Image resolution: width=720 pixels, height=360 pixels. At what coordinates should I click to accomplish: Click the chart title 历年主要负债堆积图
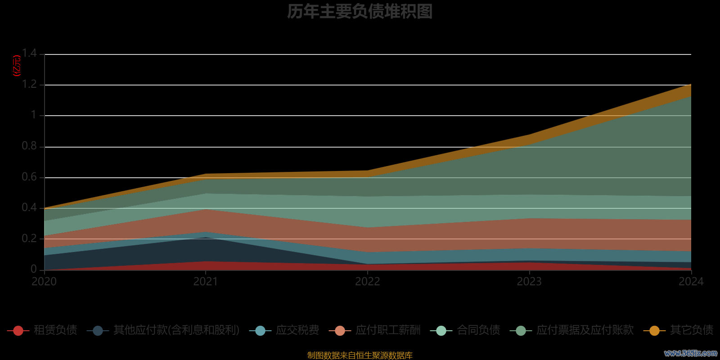[x=360, y=12]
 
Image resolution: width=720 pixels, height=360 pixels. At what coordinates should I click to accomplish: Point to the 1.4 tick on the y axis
[x=29, y=54]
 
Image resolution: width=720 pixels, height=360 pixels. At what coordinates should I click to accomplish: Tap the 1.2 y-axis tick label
[x=29, y=84]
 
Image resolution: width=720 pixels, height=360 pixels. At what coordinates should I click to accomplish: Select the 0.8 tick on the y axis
[x=29, y=146]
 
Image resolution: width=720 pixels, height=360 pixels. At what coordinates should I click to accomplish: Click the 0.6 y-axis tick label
[x=29, y=177]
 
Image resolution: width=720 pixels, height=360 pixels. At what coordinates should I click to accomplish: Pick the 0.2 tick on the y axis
[x=29, y=238]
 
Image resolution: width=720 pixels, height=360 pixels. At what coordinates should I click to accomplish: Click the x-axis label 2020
[x=44, y=282]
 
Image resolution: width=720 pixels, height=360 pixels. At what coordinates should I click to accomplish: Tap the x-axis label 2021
[x=206, y=282]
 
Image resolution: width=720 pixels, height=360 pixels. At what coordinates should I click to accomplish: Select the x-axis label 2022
[x=368, y=282]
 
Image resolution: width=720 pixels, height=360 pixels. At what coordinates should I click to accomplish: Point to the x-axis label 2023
[x=529, y=282]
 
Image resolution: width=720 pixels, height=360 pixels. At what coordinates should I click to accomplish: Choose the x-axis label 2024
[x=691, y=282]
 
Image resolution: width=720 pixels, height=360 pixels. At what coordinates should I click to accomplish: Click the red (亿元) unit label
[x=17, y=66]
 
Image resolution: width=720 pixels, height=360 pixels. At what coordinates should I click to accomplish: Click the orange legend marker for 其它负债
[x=654, y=331]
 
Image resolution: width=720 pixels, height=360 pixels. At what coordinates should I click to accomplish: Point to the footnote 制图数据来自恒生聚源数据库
[x=360, y=355]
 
